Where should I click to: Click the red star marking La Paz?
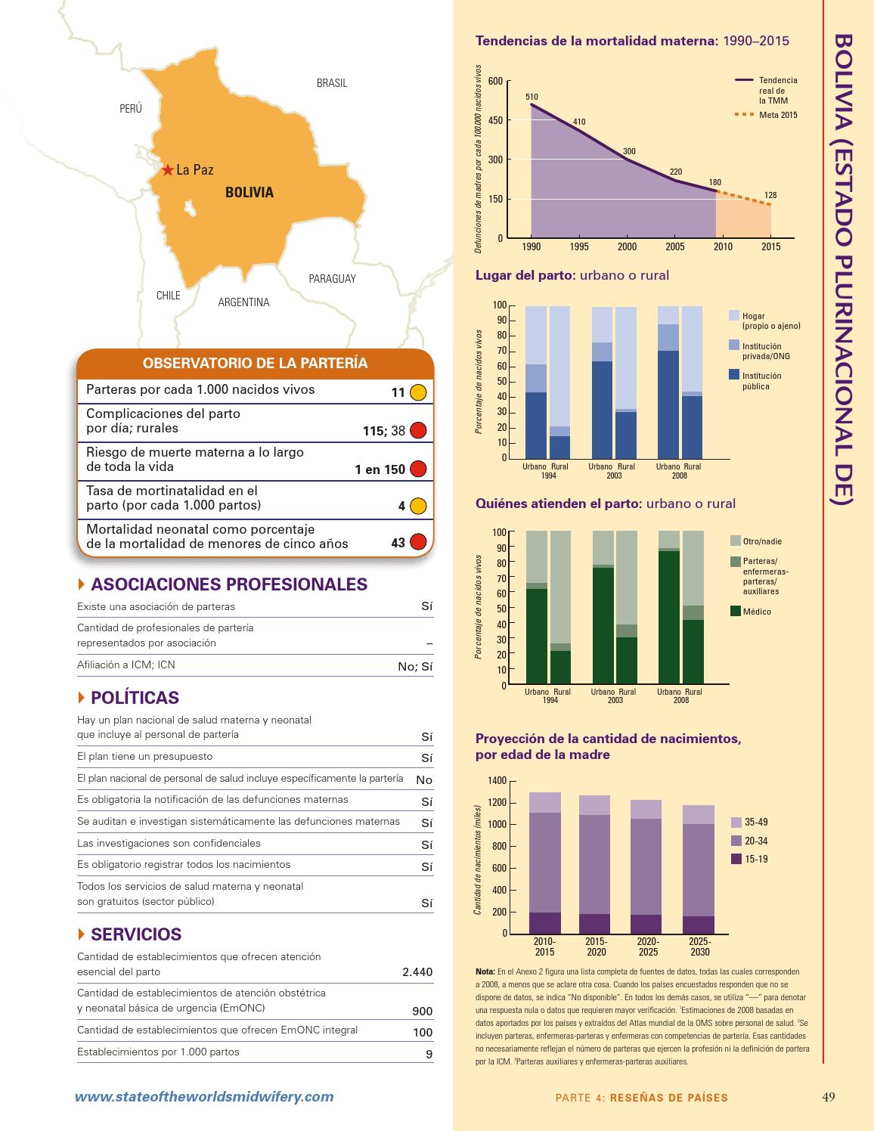click(168, 169)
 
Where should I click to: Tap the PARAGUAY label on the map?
click(332, 279)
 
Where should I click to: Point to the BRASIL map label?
click(332, 83)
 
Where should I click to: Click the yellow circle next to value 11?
click(418, 392)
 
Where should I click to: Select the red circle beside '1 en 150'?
click(418, 469)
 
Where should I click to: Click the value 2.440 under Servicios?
click(417, 972)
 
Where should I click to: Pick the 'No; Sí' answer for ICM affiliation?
click(415, 666)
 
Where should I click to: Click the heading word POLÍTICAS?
click(135, 698)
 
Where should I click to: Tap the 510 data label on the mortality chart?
click(532, 97)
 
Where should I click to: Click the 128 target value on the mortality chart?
click(770, 195)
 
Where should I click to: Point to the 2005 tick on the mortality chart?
click(675, 247)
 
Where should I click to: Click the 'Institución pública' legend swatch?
click(734, 375)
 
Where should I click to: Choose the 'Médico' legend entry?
click(757, 612)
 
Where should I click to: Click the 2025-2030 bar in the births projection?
click(698, 869)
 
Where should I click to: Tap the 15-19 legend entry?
click(756, 859)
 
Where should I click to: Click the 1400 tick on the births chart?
click(497, 781)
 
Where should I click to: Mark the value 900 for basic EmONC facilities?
click(422, 1012)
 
